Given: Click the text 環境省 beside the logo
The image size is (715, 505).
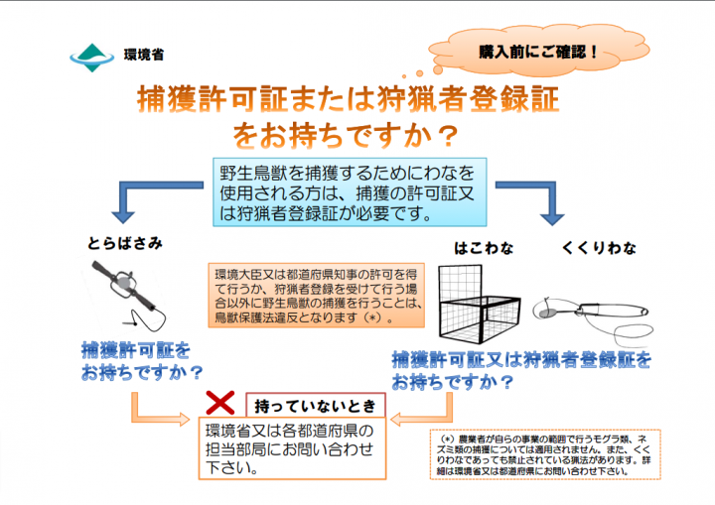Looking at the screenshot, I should coord(144,56).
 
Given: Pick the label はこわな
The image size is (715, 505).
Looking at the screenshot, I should coord(484,247).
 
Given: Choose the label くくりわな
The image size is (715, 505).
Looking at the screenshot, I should coord(599,247).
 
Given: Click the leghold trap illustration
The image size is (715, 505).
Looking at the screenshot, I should coord(123,293).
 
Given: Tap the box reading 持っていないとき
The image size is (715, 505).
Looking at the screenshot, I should coord(315,407).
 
